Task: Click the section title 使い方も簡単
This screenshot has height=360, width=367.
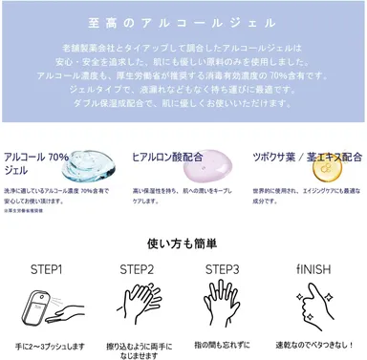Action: (x=183, y=243)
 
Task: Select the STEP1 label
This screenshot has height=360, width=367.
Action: (x=47, y=270)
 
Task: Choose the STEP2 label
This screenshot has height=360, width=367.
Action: (x=137, y=270)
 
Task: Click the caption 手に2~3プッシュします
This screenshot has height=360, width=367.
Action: (x=47, y=345)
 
